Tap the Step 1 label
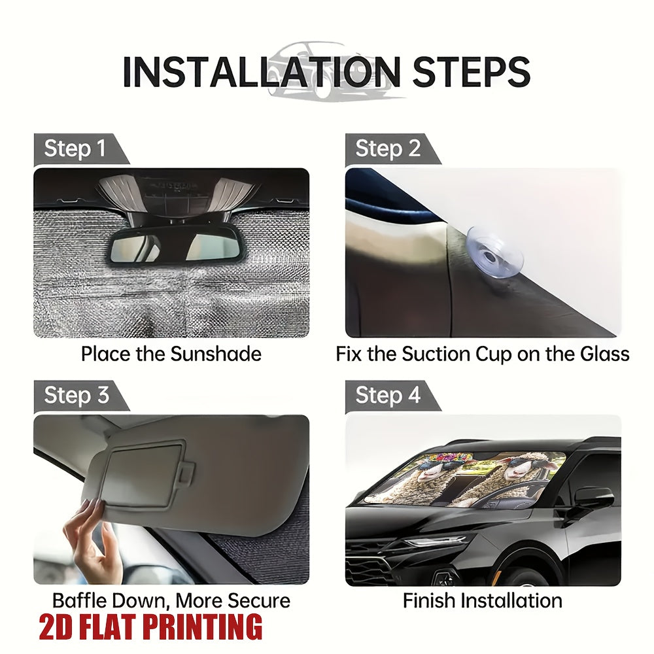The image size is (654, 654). click(75, 148)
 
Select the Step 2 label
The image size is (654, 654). click(388, 148)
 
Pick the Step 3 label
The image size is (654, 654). click(77, 395)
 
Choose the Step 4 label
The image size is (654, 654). click(388, 395)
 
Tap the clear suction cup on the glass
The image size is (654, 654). click(495, 254)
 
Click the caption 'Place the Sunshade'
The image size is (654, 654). click(171, 354)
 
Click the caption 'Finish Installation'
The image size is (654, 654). click(483, 601)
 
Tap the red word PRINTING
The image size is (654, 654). click(203, 627)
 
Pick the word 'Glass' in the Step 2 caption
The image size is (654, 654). click(604, 354)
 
